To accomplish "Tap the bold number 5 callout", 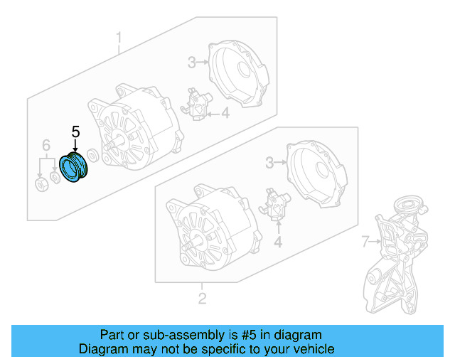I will [x=76, y=132].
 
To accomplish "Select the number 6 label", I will [x=46, y=145].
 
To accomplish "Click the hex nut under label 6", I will [x=41, y=185].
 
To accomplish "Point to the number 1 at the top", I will [x=119, y=37].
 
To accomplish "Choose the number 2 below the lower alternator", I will [x=202, y=298].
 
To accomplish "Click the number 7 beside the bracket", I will [x=365, y=242].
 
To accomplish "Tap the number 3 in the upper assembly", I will [x=191, y=63].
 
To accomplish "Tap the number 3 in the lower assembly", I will [x=269, y=164].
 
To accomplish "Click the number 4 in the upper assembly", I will [x=225, y=112].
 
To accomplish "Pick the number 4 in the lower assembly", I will [x=278, y=242].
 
